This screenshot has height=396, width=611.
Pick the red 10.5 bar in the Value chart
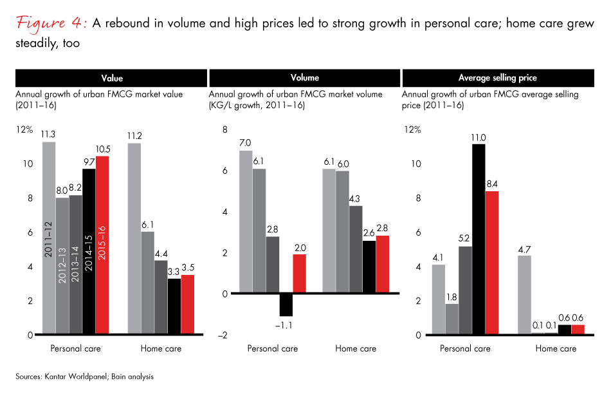(x=102, y=245)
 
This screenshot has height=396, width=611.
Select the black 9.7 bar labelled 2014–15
(x=89, y=251)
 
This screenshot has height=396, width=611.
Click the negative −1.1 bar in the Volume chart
(x=286, y=304)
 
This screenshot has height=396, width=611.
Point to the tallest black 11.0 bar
(x=478, y=239)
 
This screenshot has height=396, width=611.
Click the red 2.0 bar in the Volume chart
(x=299, y=274)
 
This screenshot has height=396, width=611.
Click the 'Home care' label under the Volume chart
(x=356, y=349)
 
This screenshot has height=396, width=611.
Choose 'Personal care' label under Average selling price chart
(x=465, y=349)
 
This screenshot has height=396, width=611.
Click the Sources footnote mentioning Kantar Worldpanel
(x=86, y=376)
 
